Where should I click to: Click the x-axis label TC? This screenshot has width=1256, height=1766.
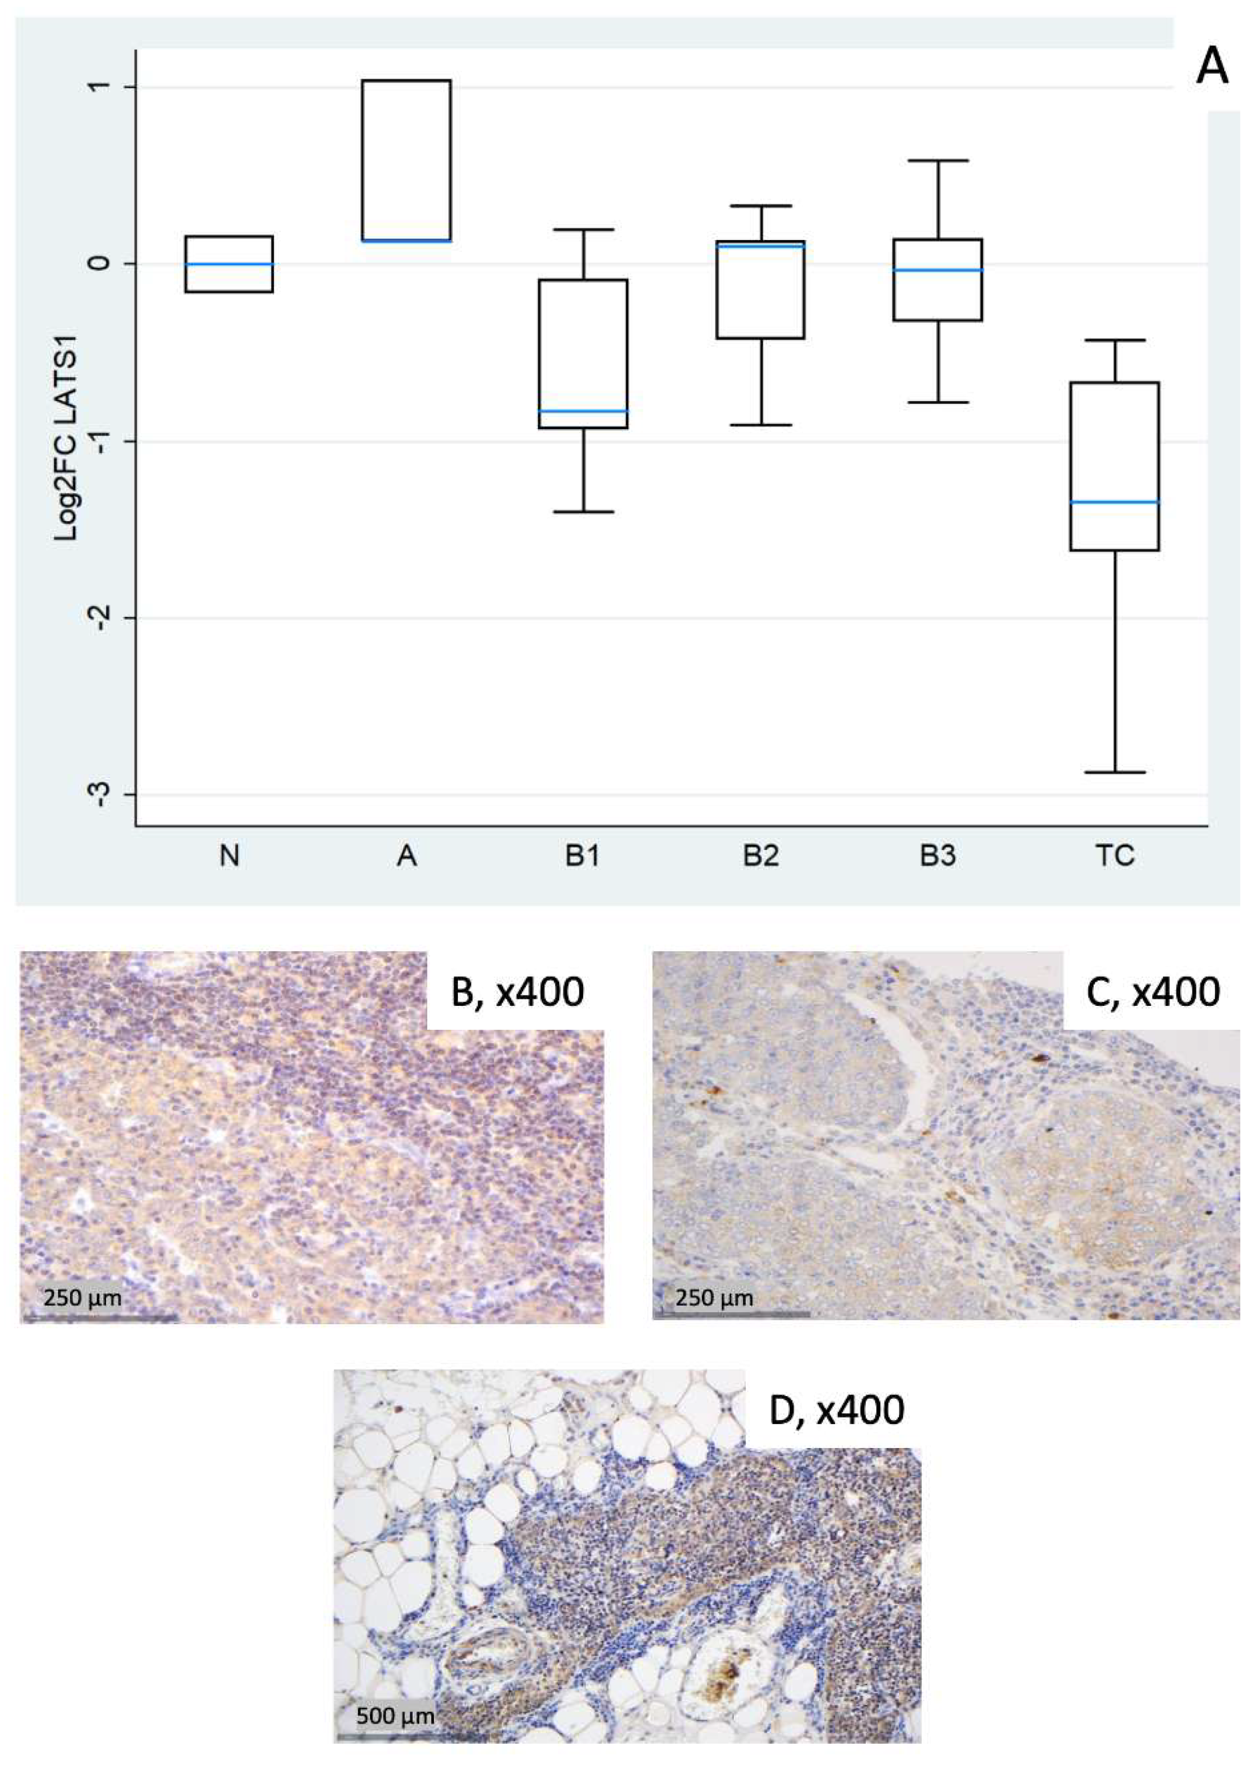[1115, 856]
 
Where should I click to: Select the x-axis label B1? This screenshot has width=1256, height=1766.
[583, 856]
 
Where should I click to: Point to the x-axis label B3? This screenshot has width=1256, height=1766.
[937, 856]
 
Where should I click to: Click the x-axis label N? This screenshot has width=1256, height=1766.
[229, 856]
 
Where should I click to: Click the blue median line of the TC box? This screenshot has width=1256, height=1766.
[1115, 502]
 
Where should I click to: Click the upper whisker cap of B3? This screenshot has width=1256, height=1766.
[937, 161]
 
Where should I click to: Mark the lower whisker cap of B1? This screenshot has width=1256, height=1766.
[583, 512]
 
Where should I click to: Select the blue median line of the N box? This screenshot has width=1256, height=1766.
[229, 263]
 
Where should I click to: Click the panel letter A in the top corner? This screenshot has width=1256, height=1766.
[1211, 68]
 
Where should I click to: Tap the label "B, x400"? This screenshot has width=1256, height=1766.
[517, 992]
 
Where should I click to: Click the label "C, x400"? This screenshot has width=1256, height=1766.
[1153, 991]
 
